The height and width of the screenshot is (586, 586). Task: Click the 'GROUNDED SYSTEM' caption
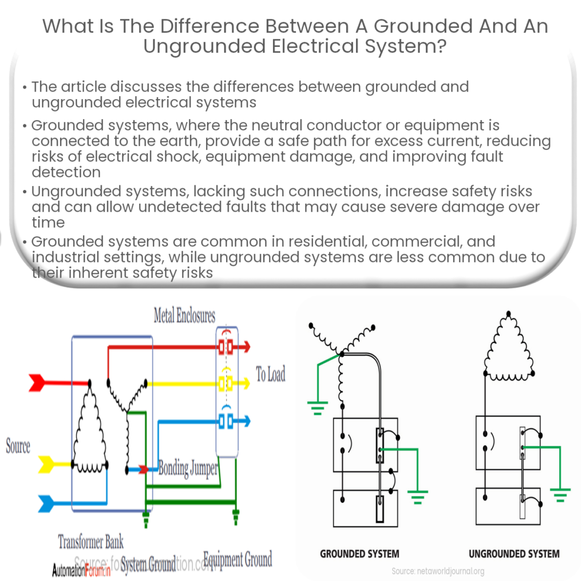(359, 553)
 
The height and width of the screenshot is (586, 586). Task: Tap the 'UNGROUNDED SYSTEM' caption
(514, 553)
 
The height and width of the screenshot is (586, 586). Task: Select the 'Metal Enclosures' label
(184, 315)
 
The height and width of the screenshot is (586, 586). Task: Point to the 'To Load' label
(270, 375)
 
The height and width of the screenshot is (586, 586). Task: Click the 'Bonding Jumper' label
(188, 469)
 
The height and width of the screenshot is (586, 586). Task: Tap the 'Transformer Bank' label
(90, 541)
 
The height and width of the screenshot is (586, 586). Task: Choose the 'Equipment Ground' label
(237, 559)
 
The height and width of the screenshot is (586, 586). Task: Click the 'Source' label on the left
(18, 446)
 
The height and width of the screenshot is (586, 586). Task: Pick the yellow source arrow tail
(46, 464)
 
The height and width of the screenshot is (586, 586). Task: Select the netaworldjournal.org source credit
(438, 571)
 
